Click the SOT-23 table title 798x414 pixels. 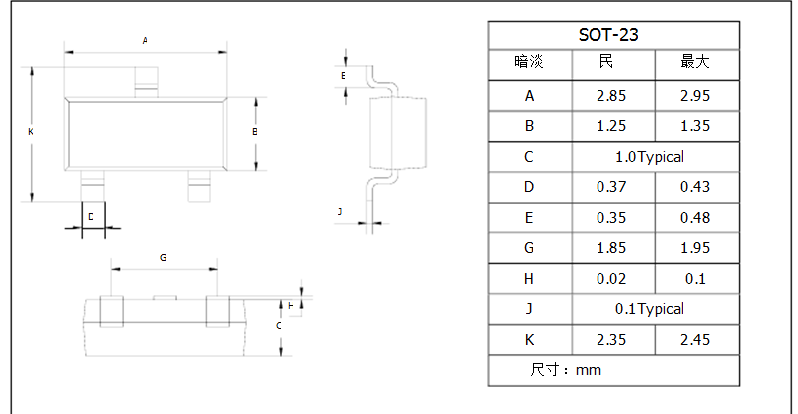[x=608, y=35]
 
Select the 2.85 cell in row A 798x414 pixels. [x=611, y=96]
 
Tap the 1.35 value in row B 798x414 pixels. [x=694, y=126]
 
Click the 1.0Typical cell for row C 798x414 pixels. [x=649, y=157]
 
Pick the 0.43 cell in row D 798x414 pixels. [x=694, y=187]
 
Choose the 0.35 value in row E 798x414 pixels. [x=611, y=217]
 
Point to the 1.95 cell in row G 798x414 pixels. [x=694, y=248]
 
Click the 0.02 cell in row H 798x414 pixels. [x=611, y=279]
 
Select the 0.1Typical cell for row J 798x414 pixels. [x=649, y=309]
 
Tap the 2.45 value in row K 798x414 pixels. [x=694, y=339]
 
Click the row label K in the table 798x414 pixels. [x=529, y=339]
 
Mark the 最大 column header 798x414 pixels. [x=694, y=62]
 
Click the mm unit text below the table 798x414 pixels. [x=589, y=370]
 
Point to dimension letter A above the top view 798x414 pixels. [x=145, y=40]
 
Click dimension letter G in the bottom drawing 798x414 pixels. [x=163, y=258]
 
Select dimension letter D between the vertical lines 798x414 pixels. [x=91, y=217]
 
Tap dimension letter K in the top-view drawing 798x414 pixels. [x=31, y=132]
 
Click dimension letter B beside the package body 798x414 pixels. [x=255, y=132]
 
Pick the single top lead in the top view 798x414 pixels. [x=146, y=82]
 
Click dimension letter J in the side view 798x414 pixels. [x=340, y=211]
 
